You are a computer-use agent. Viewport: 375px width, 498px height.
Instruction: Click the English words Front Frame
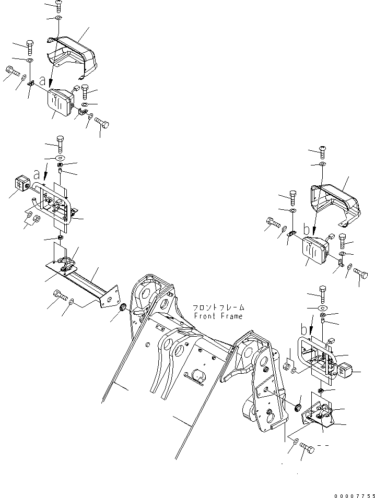point(218,317)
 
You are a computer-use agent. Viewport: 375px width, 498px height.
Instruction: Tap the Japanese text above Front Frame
point(218,309)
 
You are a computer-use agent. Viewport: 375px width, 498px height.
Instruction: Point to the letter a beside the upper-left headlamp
point(49,82)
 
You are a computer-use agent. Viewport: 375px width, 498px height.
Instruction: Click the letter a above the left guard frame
point(37,173)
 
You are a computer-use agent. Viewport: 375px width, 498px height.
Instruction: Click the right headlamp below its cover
point(315,250)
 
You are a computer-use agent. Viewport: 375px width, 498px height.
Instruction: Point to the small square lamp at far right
point(347,372)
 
